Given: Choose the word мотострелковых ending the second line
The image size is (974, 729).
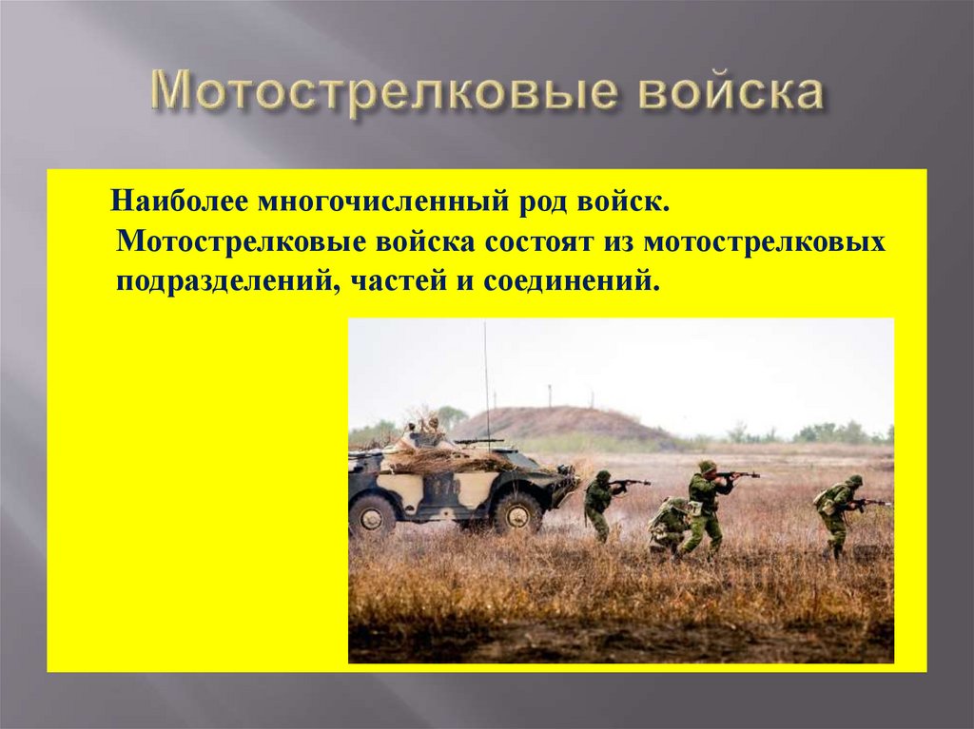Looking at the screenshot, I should pyautogui.click(x=765, y=241).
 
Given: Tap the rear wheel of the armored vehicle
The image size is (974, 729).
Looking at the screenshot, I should pyautogui.click(x=372, y=514).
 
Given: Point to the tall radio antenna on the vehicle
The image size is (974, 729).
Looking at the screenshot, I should pyautogui.click(x=486, y=380).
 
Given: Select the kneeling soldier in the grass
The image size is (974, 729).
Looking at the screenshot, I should pyautogui.click(x=668, y=526).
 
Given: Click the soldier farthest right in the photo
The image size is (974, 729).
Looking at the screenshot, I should pyautogui.click(x=834, y=513).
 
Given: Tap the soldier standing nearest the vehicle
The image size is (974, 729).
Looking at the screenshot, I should pyautogui.click(x=598, y=504).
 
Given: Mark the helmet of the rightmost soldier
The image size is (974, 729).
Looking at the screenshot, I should pyautogui.click(x=853, y=481).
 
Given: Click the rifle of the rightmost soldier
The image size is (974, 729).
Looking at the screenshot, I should pyautogui.click(x=870, y=502).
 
